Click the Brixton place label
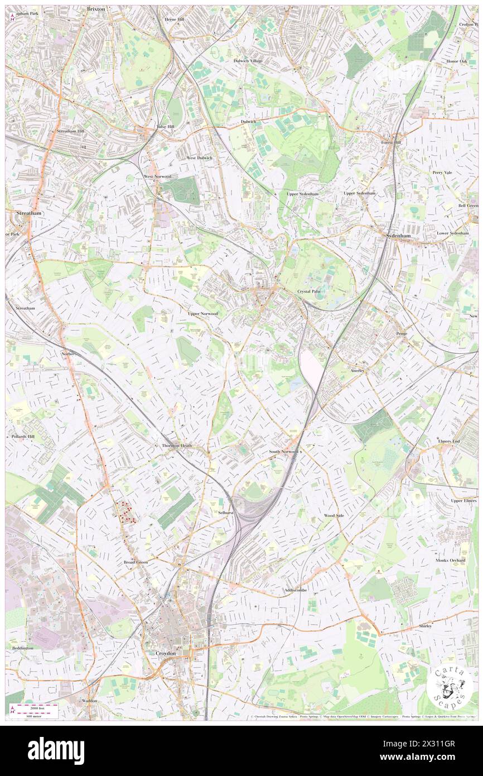pyautogui.click(x=96, y=9)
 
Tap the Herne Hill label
pyautogui.click(x=173, y=19)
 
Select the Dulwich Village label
pyautogui.click(x=248, y=60)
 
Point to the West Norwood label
pyautogui.click(x=157, y=176)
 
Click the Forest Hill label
pyautogui.click(x=392, y=142)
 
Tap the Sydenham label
pyautogui.click(x=399, y=236)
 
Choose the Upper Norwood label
pyautogui.click(x=203, y=314)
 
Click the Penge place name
pyautogui.click(x=402, y=334)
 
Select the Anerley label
pyautogui.click(x=358, y=370)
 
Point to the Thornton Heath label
pyautogui.click(x=176, y=446)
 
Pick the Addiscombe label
pyautogui.click(x=296, y=590)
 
